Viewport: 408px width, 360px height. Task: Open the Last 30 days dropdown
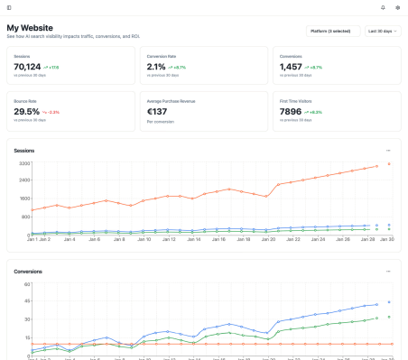[383, 31]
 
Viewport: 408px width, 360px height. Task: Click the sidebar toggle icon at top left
[8, 7]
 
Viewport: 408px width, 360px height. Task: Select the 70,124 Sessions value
[28, 67]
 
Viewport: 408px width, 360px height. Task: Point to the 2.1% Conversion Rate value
[156, 67]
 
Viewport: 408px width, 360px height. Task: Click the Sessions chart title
[23, 150]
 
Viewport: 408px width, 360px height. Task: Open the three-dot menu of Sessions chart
[388, 150]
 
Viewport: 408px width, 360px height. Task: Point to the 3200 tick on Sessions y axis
[24, 164]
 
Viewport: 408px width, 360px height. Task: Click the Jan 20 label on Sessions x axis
[268, 240]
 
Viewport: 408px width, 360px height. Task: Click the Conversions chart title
[28, 271]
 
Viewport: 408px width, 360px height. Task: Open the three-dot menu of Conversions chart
[388, 271]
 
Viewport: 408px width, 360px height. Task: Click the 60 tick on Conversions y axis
[28, 285]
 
